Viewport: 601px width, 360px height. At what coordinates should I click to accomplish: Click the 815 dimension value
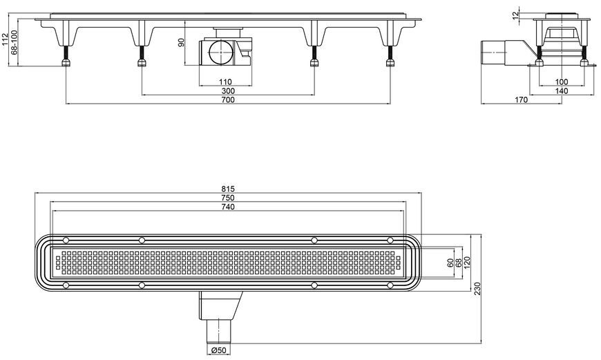(228, 189)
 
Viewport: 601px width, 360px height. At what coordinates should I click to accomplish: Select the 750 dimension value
(228, 198)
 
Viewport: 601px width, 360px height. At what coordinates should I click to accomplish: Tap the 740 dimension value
(228, 207)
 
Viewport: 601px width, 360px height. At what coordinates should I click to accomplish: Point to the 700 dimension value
(228, 100)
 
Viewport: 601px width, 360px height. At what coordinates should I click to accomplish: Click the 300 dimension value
(228, 91)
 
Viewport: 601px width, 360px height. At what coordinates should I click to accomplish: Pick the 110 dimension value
(225, 82)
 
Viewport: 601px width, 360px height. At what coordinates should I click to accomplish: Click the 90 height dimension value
(181, 42)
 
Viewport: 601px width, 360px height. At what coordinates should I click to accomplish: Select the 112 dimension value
(5, 39)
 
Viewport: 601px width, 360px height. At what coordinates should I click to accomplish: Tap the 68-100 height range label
(15, 42)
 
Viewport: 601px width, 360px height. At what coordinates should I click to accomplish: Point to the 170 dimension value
(521, 100)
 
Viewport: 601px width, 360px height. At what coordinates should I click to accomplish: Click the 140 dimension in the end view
(562, 91)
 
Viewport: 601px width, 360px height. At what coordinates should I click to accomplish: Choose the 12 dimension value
(515, 15)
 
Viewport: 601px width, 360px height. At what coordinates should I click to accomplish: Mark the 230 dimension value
(477, 289)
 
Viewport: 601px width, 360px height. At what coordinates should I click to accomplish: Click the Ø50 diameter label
(219, 350)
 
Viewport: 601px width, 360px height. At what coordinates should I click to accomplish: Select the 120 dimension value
(467, 263)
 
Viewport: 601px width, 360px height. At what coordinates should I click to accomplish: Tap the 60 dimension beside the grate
(450, 263)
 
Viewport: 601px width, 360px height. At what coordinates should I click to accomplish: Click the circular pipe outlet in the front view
(221, 52)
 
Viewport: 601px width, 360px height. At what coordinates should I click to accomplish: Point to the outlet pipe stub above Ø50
(219, 331)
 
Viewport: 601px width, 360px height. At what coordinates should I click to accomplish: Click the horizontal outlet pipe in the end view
(494, 53)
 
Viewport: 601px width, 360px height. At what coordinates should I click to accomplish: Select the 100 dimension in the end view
(562, 82)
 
